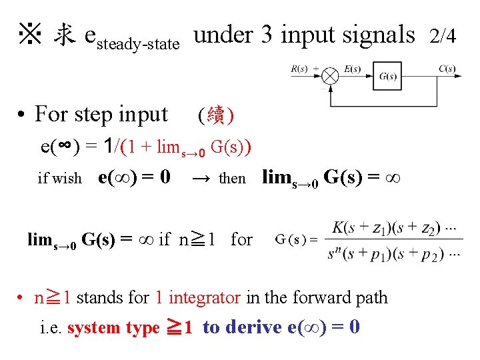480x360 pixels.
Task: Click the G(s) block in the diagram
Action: (387, 76)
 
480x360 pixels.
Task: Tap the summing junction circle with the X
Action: (331, 76)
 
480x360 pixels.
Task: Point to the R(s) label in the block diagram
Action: (299, 68)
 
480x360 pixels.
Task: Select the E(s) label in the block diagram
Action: (353, 68)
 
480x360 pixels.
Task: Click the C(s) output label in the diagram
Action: (447, 68)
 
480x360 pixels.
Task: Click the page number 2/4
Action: (443, 36)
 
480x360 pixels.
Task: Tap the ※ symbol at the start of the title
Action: (31, 34)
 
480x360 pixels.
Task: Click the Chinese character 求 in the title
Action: (64, 35)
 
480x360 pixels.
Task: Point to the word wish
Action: (69, 179)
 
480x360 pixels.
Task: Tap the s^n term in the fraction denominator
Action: (336, 253)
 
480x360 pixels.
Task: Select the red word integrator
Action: (205, 297)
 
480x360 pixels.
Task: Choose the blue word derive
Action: (251, 327)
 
